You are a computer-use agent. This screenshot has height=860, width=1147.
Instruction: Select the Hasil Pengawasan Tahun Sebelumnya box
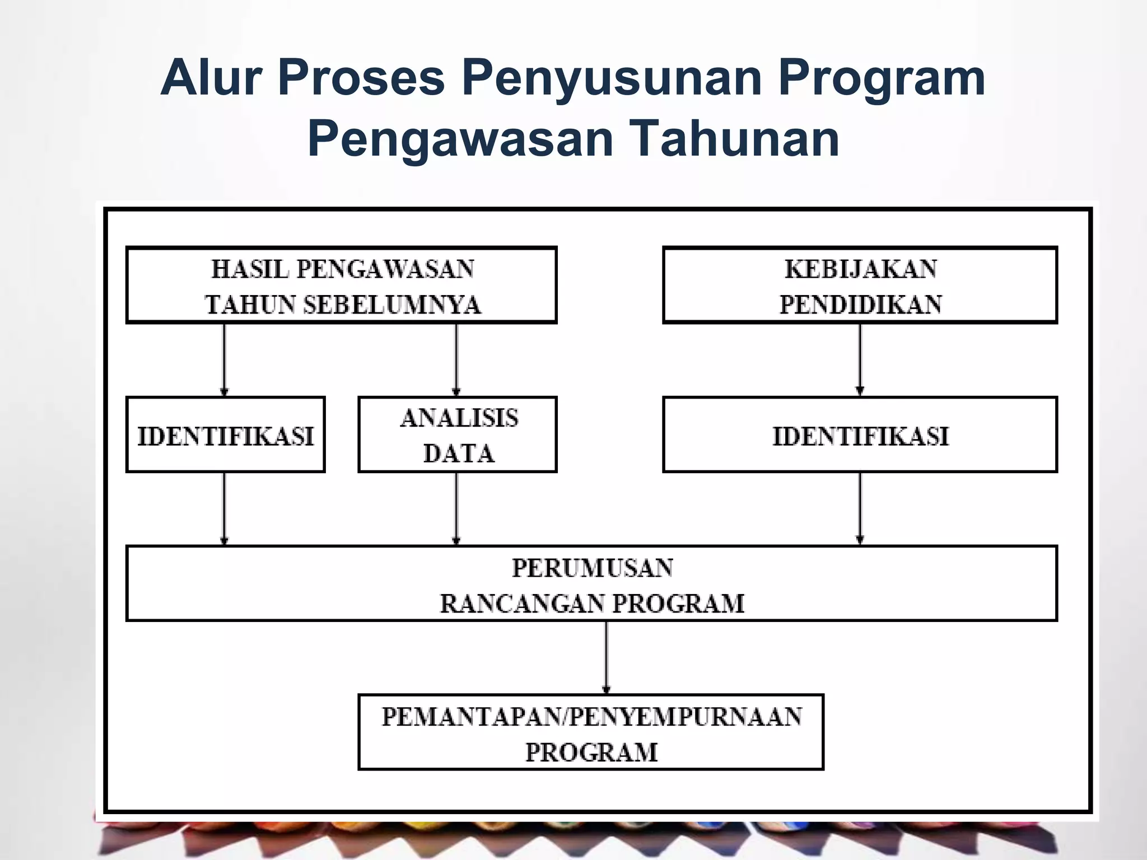tap(341, 285)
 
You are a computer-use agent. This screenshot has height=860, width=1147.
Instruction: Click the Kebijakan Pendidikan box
tap(860, 285)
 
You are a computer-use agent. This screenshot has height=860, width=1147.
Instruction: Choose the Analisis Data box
tap(457, 434)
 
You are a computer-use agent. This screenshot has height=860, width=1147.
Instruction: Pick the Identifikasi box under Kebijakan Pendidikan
tap(860, 434)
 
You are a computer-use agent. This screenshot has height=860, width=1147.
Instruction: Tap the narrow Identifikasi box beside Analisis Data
tap(225, 434)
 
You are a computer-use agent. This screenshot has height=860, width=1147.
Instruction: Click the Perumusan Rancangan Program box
tap(591, 583)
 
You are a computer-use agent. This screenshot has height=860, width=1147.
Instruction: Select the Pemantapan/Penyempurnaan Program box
tap(591, 732)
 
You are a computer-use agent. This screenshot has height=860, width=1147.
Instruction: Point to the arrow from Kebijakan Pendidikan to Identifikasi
tap(860, 359)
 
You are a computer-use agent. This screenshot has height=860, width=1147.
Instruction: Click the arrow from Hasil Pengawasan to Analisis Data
tap(456, 359)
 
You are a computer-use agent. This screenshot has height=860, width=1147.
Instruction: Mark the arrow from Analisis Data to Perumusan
tap(456, 508)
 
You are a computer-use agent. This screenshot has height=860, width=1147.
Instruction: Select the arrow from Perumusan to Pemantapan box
tap(606, 657)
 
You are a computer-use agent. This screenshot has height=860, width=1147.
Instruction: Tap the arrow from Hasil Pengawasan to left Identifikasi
tap(225, 359)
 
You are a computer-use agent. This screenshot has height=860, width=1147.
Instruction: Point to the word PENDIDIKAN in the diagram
tap(861, 305)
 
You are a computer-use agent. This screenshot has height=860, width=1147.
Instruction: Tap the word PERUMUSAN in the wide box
tap(592, 568)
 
